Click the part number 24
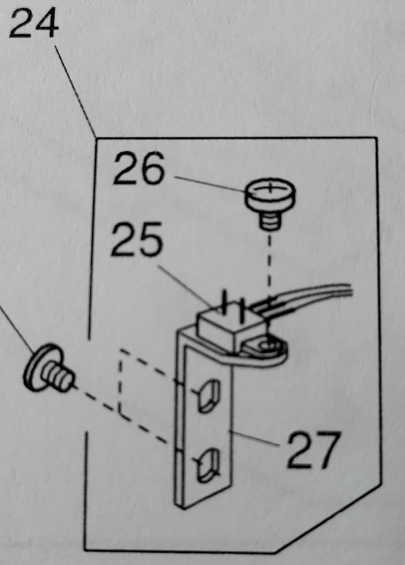[x=34, y=25]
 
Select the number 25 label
[x=137, y=239]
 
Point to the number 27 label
[x=312, y=450]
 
